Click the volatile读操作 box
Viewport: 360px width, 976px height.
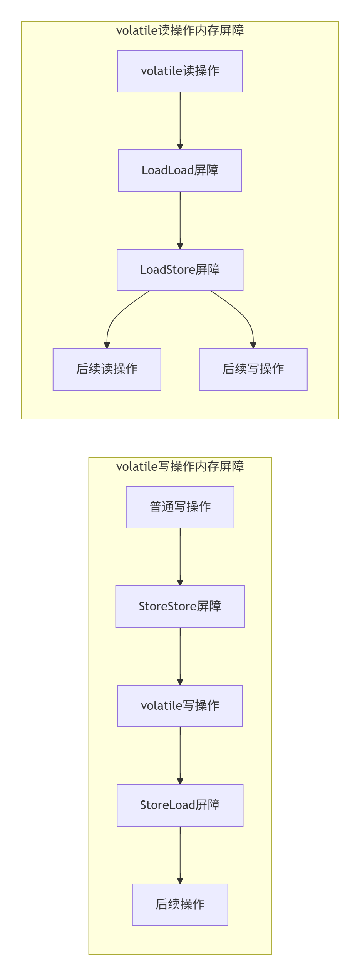[180, 71]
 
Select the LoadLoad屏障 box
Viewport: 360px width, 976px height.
[180, 171]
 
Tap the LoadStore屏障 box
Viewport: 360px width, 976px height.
[180, 270]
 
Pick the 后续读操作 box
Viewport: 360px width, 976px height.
[107, 369]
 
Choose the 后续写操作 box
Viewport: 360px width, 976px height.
[253, 369]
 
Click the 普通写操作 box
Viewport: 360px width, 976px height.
[180, 507]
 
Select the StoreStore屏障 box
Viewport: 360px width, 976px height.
[180, 607]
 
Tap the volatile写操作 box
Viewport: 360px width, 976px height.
[180, 706]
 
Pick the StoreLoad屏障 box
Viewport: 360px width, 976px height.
[180, 805]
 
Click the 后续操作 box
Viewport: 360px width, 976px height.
[180, 905]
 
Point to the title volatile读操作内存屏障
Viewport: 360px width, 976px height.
[180, 30]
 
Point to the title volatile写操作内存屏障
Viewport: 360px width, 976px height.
[180, 466]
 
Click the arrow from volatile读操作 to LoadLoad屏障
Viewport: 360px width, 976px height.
[180, 121]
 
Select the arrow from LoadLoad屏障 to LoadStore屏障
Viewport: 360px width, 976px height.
[180, 220]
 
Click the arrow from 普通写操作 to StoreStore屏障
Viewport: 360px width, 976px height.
[180, 557]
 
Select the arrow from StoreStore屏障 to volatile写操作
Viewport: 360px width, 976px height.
[180, 656]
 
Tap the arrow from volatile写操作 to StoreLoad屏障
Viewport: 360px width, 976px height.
[180, 755]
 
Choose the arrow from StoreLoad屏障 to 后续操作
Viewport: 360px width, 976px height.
[180, 855]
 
